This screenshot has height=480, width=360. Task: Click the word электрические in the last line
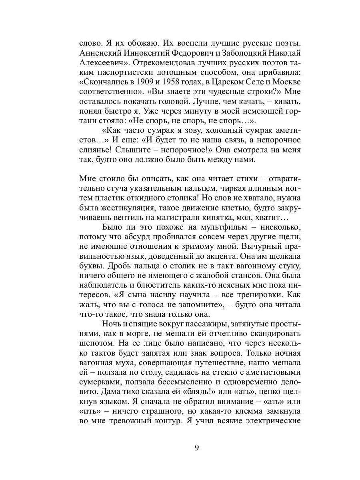(276, 421)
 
